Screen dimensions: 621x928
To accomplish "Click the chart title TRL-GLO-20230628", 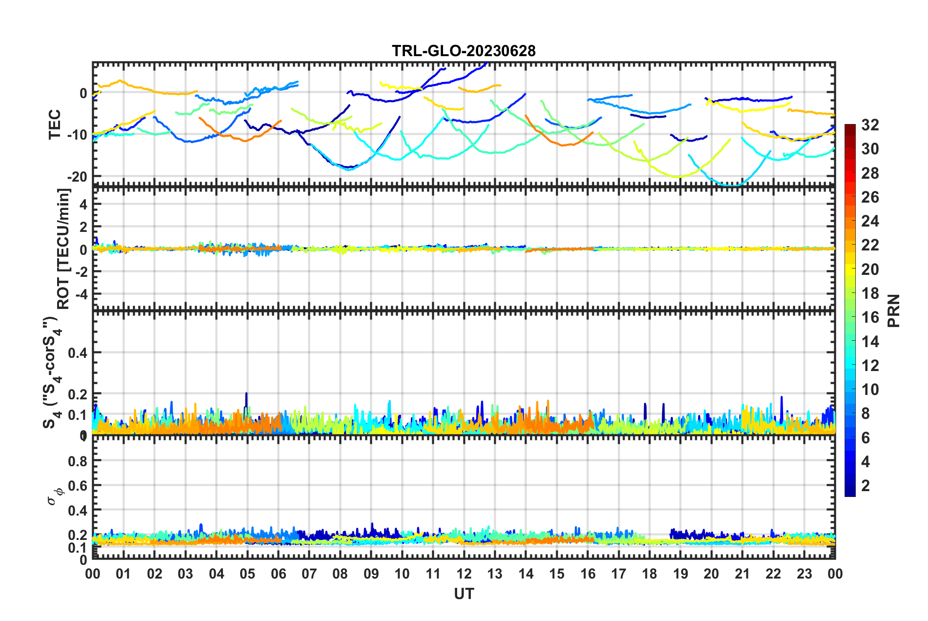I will tap(464, 51).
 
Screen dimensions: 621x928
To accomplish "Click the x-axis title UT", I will tap(464, 594).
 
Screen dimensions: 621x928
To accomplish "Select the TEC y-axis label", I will tap(55, 124).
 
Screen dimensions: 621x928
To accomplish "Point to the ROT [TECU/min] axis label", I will tap(64, 249).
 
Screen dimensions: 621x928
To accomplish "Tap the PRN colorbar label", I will tap(894, 310).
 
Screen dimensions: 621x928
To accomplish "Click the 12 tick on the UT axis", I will tap(464, 574).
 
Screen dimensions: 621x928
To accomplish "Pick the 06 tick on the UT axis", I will tap(278, 574).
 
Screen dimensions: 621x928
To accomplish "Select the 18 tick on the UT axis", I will tap(649, 574).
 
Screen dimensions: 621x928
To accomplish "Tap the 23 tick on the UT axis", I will tap(804, 574).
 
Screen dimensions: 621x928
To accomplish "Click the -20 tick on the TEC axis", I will tap(77, 177).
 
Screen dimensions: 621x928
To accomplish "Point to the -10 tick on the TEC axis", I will tap(77, 135).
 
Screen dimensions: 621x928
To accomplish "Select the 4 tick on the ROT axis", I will tap(83, 205).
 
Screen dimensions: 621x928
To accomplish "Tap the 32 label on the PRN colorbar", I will tap(870, 125).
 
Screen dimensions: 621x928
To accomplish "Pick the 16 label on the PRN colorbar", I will tap(870, 317).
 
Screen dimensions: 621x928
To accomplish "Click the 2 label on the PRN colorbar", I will tap(866, 485).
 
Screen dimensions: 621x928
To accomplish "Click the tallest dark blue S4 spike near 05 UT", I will tap(246, 393).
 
